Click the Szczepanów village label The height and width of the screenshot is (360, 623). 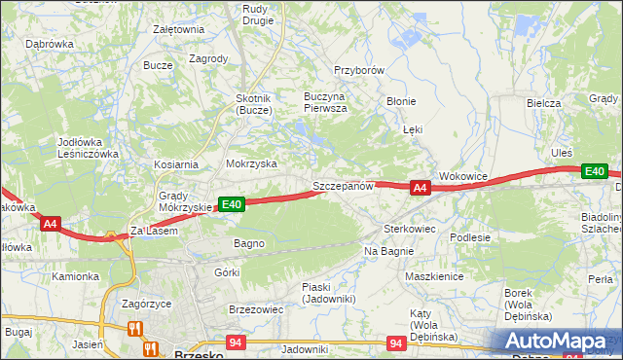pos(343,185)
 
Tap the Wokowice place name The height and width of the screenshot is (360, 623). pos(462,176)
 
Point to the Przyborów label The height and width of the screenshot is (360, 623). pos(360,71)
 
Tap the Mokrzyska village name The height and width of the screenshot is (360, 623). pos(251,164)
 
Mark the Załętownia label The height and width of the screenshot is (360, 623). pos(178,29)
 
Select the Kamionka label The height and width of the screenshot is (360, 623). pos(76,276)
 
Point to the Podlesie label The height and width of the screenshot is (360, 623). pos(469,236)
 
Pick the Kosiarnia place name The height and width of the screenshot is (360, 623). pos(175,164)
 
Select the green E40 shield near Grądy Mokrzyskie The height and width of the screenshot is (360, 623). pos(231,204)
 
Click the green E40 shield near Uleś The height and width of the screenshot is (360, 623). pos(595,172)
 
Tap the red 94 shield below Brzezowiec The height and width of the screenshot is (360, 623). pos(236,342)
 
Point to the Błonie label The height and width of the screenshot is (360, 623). pos(401,101)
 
